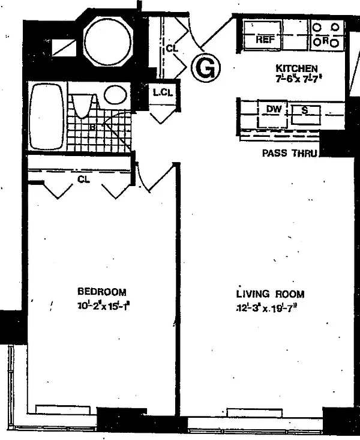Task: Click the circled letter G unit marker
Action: click(x=206, y=68)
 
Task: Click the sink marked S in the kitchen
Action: click(x=305, y=110)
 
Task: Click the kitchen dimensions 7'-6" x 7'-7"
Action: click(x=296, y=78)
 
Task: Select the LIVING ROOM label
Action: click(x=270, y=294)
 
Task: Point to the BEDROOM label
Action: click(x=102, y=292)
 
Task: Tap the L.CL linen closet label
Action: click(x=163, y=93)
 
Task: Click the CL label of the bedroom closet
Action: click(x=83, y=178)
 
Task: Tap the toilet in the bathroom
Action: click(x=82, y=105)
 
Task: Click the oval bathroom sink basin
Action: click(x=115, y=95)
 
